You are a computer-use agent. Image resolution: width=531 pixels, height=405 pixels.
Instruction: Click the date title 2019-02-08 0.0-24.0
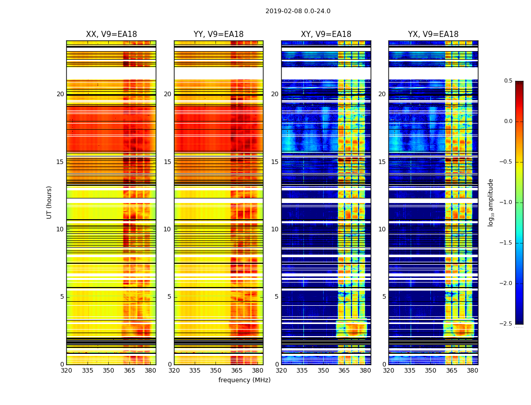[298, 11]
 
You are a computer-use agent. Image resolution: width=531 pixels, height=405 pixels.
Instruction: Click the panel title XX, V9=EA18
[111, 34]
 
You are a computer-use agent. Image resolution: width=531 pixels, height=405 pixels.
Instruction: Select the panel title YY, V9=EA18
[218, 34]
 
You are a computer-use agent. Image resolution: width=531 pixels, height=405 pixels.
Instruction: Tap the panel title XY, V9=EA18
[326, 34]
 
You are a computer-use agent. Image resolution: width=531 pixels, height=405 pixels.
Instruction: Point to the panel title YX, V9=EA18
[433, 34]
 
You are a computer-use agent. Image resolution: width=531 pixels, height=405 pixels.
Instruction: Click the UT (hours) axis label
[50, 202]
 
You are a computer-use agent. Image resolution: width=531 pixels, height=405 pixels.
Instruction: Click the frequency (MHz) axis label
[244, 380]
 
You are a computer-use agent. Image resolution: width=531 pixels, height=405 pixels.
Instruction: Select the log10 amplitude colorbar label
[491, 202]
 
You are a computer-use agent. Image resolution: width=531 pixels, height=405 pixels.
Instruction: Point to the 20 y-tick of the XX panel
[60, 94]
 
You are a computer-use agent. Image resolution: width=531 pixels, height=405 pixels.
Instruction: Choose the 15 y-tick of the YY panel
[167, 162]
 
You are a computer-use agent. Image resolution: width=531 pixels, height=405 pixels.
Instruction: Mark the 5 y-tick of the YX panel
[384, 297]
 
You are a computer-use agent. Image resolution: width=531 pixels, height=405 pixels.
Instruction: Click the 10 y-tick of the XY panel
[275, 229]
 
